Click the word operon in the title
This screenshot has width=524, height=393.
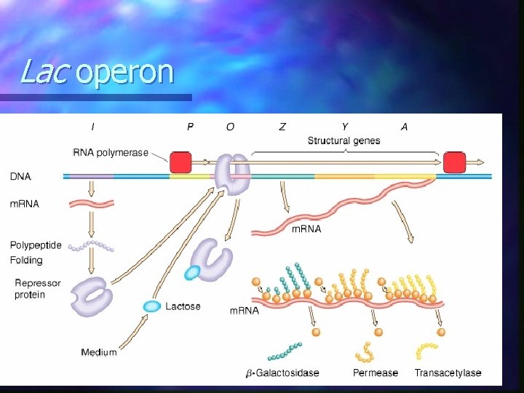click(x=124, y=73)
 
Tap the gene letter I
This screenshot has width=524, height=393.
click(x=92, y=127)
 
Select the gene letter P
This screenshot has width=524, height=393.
click(x=190, y=127)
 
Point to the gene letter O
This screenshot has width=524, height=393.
click(x=230, y=127)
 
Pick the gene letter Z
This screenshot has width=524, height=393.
click(x=282, y=127)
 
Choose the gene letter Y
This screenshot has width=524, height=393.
click(x=344, y=127)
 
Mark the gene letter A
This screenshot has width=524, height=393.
click(x=404, y=127)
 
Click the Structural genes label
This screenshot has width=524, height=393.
click(x=344, y=140)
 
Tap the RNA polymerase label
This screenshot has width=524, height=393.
click(x=111, y=153)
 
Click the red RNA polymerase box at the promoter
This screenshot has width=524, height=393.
click(x=180, y=162)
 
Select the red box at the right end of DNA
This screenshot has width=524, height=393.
click(x=454, y=162)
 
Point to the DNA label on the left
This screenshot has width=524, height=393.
click(x=20, y=176)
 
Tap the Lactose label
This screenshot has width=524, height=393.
click(x=183, y=306)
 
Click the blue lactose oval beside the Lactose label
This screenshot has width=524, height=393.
click(x=152, y=306)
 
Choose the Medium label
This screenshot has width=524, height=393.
click(x=98, y=352)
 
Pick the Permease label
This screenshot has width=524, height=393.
click(x=376, y=373)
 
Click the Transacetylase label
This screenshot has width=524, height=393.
click(x=448, y=373)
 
